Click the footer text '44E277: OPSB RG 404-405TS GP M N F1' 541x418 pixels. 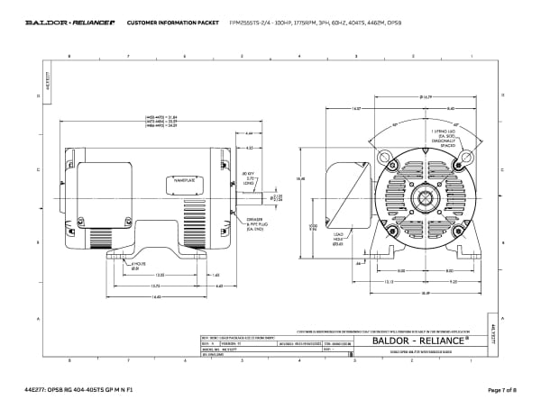80,389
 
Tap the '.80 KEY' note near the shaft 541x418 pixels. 252,176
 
